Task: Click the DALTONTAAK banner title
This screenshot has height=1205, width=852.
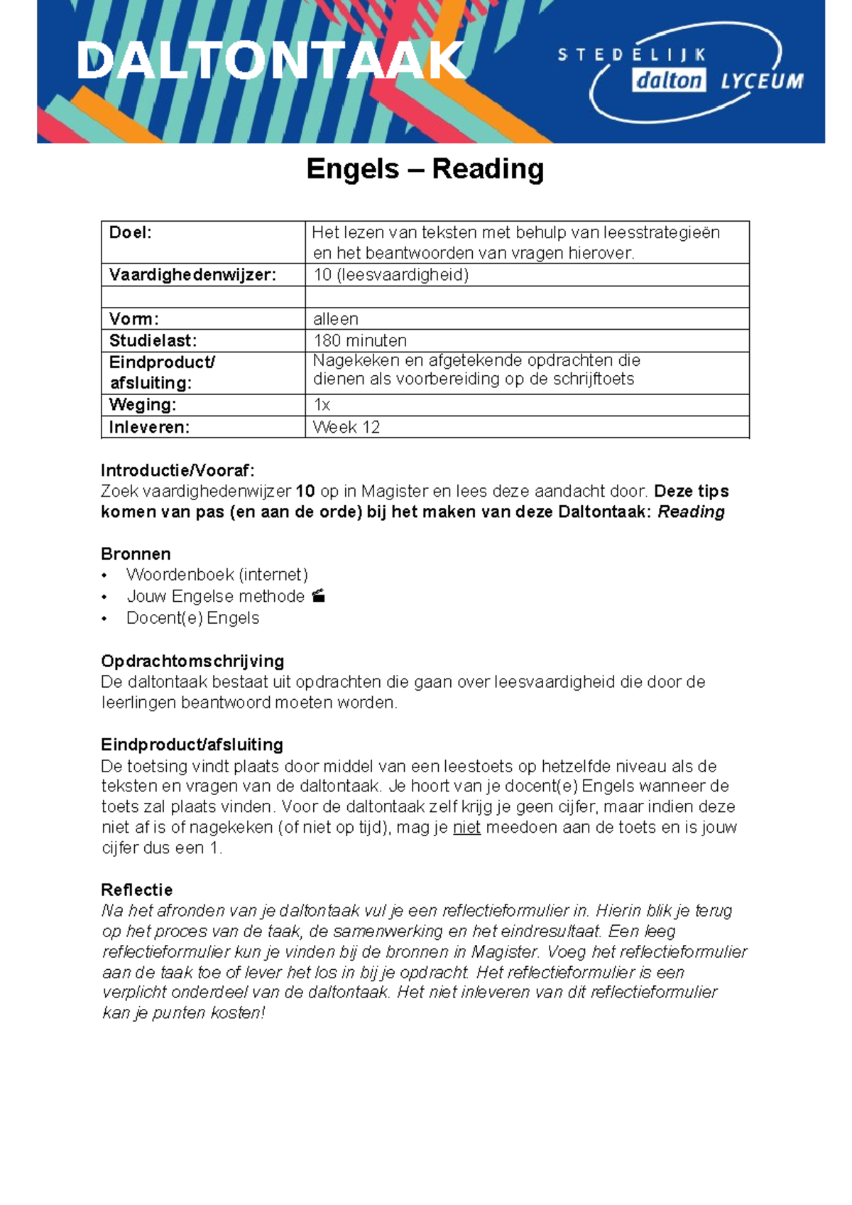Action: pyautogui.click(x=270, y=61)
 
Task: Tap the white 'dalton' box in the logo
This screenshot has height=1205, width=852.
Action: pyautogui.click(x=668, y=80)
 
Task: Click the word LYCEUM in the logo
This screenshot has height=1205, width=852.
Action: pyautogui.click(x=762, y=81)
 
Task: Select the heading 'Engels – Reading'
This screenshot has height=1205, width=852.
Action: pyautogui.click(x=425, y=169)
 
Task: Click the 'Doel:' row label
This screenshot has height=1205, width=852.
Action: pyautogui.click(x=131, y=232)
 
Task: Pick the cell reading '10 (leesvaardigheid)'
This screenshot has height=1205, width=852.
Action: pyautogui.click(x=391, y=275)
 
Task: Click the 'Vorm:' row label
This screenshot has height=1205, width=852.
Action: pyautogui.click(x=134, y=319)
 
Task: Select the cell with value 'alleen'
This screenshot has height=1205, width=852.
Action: pyautogui.click(x=336, y=319)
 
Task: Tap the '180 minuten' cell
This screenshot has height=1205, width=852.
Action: pyautogui.click(x=360, y=341)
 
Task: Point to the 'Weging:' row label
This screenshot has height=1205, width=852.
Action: pyautogui.click(x=143, y=405)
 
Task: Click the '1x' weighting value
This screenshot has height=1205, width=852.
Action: pyautogui.click(x=322, y=405)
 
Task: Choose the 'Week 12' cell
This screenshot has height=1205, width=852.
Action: pyautogui.click(x=346, y=427)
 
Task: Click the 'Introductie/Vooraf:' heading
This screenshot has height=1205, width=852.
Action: pyautogui.click(x=177, y=470)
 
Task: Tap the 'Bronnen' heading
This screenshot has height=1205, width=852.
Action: pyautogui.click(x=136, y=554)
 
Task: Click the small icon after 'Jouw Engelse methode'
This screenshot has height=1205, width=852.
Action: pyautogui.click(x=319, y=596)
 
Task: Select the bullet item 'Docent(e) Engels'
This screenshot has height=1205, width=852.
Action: pyautogui.click(x=192, y=618)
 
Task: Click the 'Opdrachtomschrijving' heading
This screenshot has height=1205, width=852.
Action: pyautogui.click(x=192, y=661)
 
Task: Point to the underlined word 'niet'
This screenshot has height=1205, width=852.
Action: pyautogui.click(x=466, y=828)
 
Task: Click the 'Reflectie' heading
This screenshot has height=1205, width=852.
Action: pyautogui.click(x=137, y=890)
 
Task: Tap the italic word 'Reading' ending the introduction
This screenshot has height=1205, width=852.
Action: pyautogui.click(x=691, y=512)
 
